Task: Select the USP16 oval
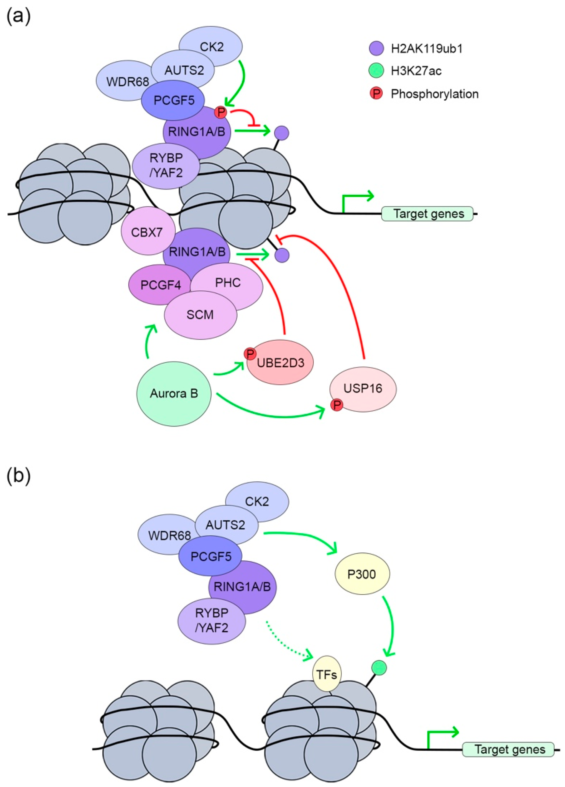click(x=363, y=388)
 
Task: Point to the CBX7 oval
click(x=147, y=232)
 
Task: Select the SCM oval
click(x=200, y=315)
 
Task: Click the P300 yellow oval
click(x=362, y=574)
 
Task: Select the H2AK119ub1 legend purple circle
click(x=376, y=48)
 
